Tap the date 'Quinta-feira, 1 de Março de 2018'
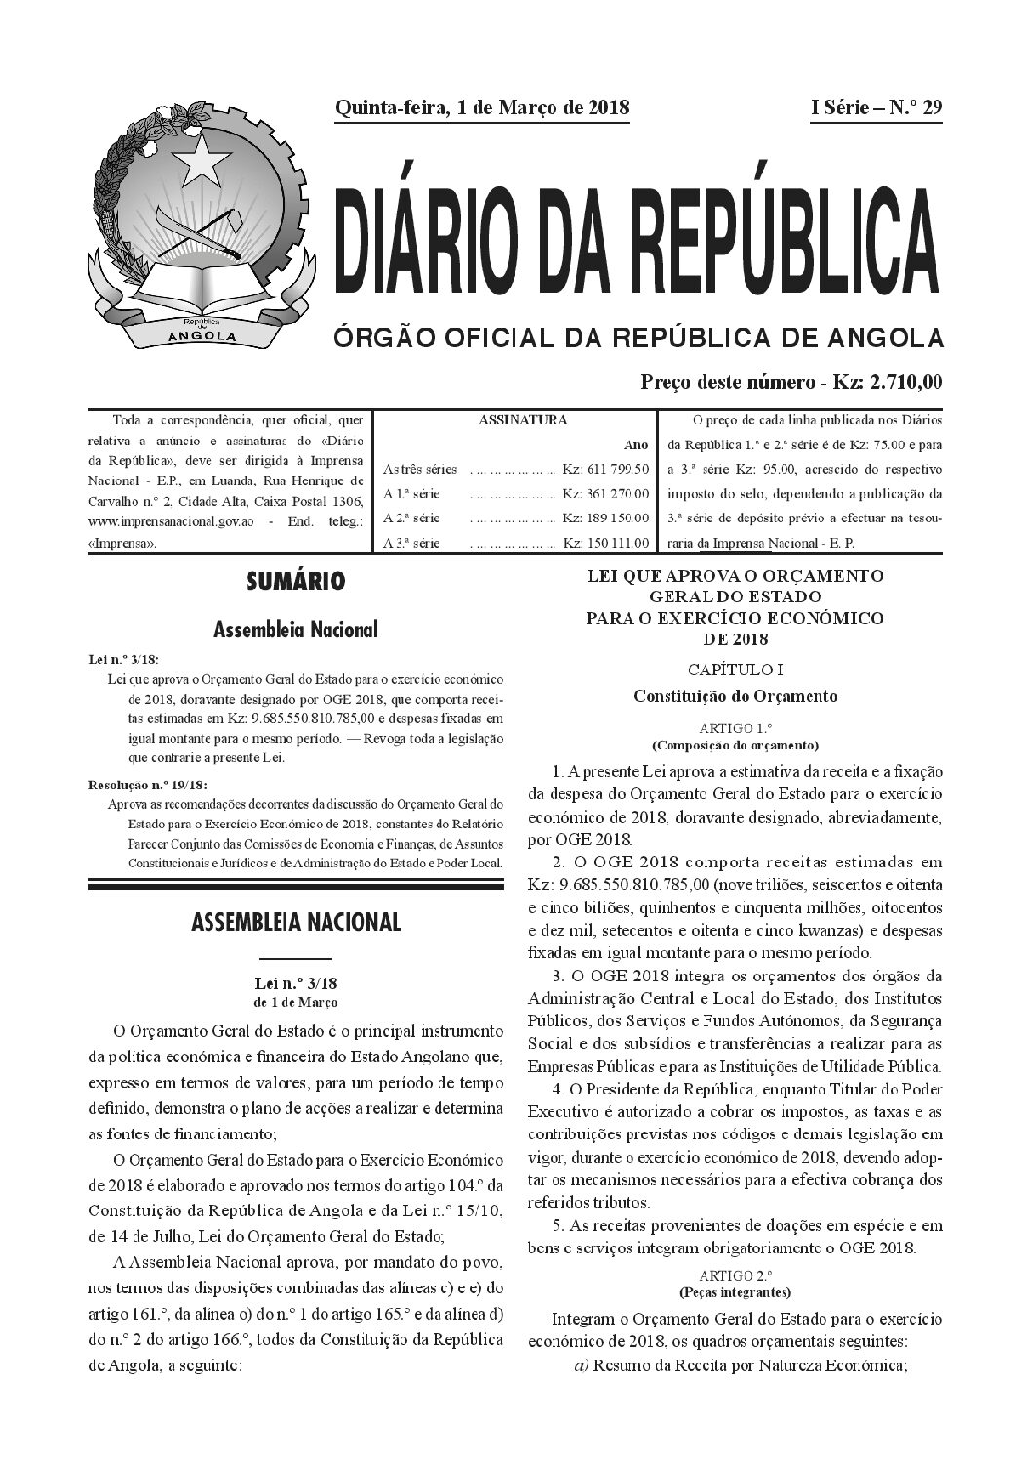click(x=482, y=108)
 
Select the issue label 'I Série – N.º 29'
click(x=877, y=108)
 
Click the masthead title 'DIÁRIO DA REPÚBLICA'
click(x=639, y=238)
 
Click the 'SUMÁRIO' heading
click(x=295, y=583)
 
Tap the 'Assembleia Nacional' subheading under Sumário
click(x=295, y=631)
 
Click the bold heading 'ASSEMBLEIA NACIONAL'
click(x=295, y=922)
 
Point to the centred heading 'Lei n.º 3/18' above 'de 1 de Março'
click(x=295, y=986)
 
